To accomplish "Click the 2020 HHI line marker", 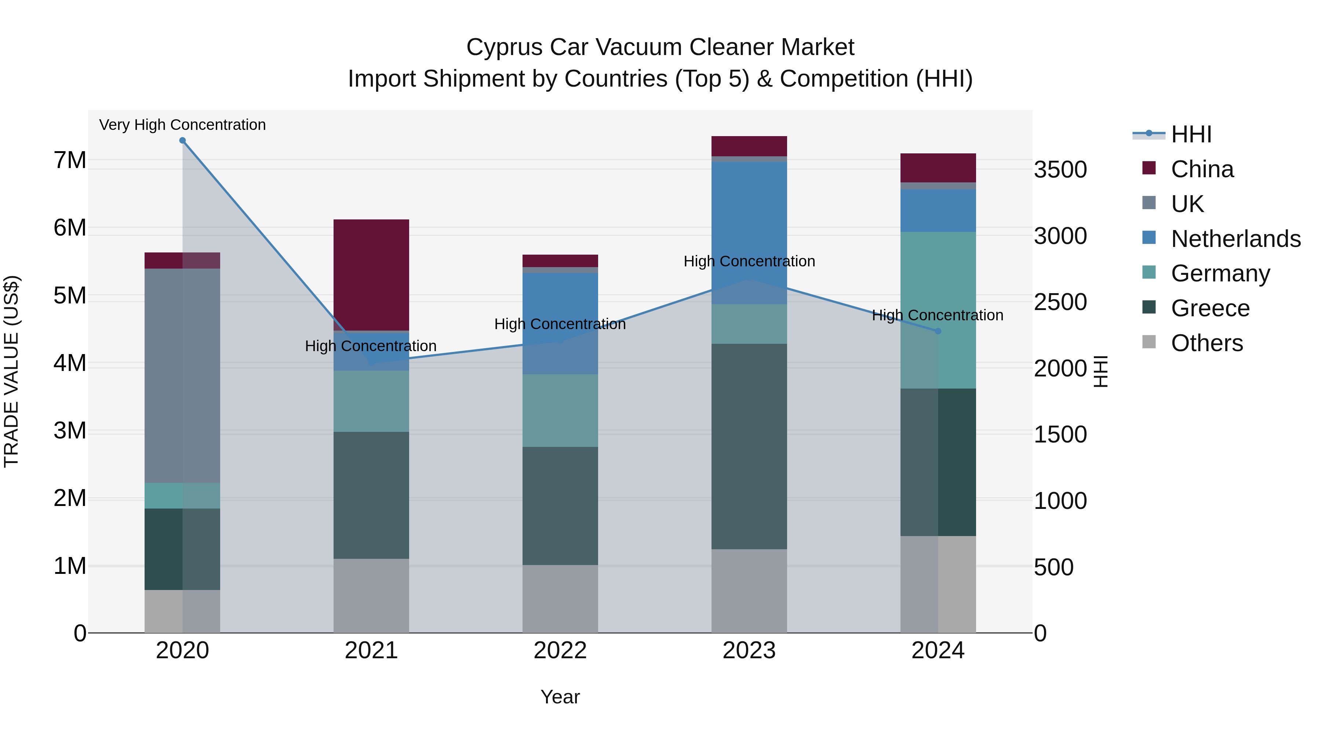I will click(183, 141).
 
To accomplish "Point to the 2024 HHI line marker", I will click(938, 331).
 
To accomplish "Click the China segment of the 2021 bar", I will click(371, 275).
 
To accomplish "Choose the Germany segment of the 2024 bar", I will click(938, 310).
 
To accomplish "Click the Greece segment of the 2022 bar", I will click(560, 506).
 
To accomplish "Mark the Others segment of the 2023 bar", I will click(749, 591).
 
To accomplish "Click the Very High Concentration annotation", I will click(183, 125).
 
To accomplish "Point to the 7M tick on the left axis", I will click(70, 160).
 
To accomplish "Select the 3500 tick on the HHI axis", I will click(1060, 170).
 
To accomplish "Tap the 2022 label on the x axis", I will click(560, 651).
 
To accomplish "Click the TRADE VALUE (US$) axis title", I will click(12, 371).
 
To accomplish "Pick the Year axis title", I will click(560, 697).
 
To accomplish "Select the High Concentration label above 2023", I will click(749, 262).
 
